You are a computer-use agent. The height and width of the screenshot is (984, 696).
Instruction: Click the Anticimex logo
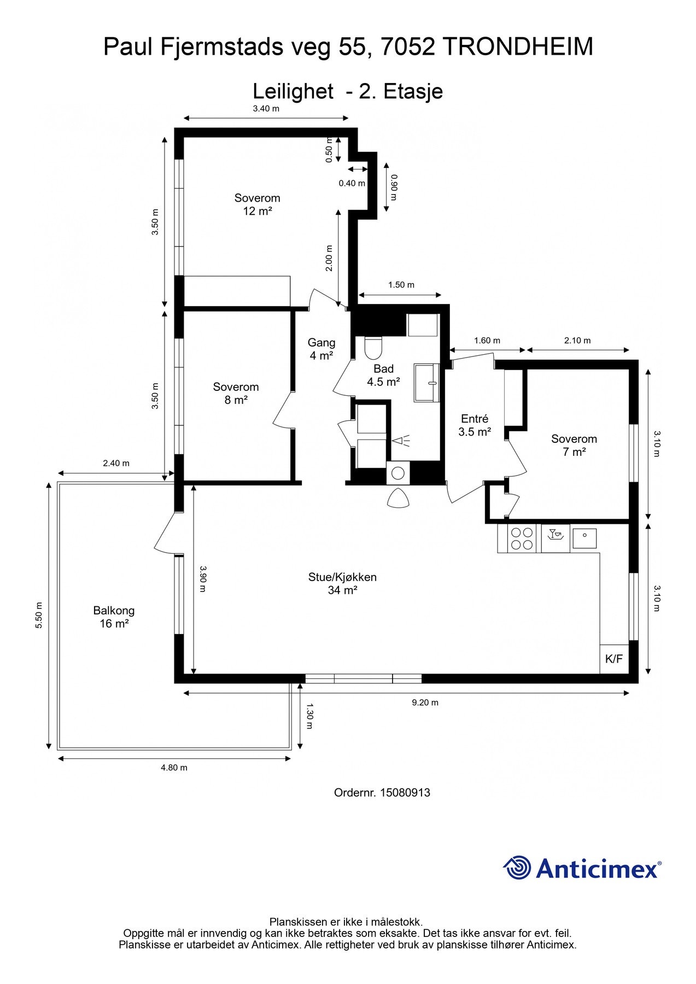click(x=582, y=868)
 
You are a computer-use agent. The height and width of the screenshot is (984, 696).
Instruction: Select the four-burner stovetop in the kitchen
click(x=522, y=538)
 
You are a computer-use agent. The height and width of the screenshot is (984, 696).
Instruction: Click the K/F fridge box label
click(x=614, y=659)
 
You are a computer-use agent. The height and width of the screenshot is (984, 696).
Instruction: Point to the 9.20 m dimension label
click(x=425, y=702)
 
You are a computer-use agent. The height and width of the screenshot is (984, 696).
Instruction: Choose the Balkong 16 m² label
click(x=114, y=617)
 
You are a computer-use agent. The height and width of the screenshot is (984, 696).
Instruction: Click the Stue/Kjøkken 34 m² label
click(x=342, y=583)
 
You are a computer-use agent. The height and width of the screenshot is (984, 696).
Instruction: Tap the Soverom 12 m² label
click(x=258, y=204)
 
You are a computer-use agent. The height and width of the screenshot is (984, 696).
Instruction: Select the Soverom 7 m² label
click(x=574, y=445)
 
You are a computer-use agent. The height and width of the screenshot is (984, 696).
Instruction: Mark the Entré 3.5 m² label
click(x=475, y=425)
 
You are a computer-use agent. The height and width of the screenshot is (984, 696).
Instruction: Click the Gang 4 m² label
click(x=321, y=349)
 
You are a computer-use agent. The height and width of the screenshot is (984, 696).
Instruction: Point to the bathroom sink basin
click(x=426, y=383)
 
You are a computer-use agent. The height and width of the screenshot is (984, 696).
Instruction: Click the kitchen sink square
click(x=584, y=538)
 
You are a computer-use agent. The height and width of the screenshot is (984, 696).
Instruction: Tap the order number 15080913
click(x=382, y=792)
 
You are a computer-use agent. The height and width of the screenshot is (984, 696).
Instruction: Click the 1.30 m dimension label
click(x=309, y=716)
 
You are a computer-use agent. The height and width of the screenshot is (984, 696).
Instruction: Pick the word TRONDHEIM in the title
click(x=517, y=47)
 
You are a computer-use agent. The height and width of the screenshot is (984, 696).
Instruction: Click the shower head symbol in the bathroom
click(x=402, y=440)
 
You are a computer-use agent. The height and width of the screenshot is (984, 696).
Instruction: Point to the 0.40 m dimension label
click(x=352, y=183)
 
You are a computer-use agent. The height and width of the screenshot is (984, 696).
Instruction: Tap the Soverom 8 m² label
click(x=236, y=393)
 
